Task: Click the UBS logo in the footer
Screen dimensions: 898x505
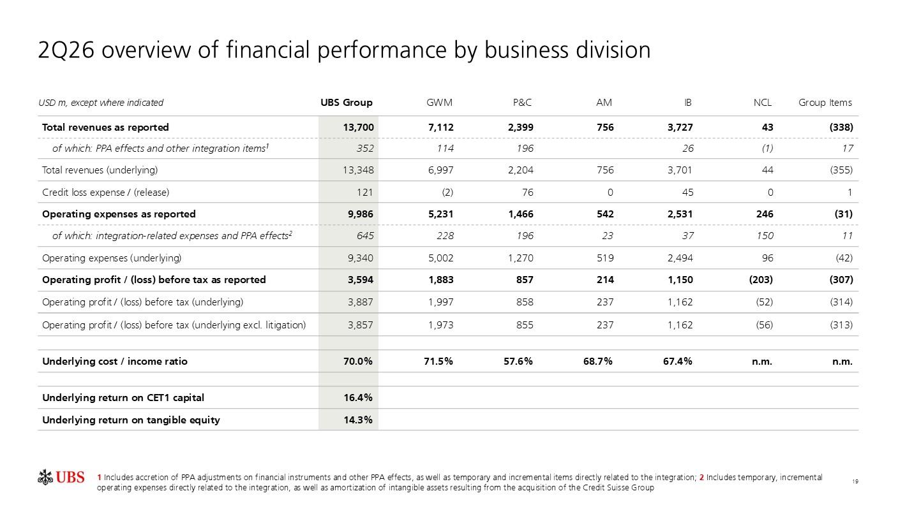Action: (61, 478)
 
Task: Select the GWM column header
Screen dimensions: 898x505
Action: (439, 103)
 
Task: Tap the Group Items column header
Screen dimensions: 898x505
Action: (825, 103)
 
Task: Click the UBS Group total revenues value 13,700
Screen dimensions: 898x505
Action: (359, 128)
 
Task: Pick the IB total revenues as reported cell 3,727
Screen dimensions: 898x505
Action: (680, 128)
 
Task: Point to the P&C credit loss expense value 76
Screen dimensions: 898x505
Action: (528, 192)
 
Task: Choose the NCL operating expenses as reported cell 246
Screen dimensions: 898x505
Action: (765, 214)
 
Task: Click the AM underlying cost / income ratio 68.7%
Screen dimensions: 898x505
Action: (598, 362)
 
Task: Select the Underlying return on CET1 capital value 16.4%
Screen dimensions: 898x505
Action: (358, 398)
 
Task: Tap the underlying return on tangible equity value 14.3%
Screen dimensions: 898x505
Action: (358, 420)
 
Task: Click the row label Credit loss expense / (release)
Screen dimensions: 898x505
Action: (105, 192)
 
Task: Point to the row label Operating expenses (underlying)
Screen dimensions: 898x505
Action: (112, 258)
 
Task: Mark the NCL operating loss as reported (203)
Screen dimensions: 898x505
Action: (761, 279)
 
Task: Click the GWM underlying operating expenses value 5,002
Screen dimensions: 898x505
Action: (440, 258)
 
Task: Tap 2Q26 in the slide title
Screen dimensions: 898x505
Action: (66, 50)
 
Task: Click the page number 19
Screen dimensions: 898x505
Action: (855, 481)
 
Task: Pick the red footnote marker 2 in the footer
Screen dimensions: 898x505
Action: (702, 478)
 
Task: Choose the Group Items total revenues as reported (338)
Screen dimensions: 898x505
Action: (841, 128)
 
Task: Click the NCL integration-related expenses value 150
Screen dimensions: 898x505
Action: (765, 235)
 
